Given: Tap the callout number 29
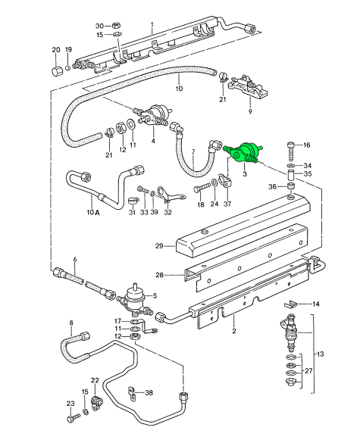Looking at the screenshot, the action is (159, 246).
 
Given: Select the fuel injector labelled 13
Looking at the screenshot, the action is (290, 332).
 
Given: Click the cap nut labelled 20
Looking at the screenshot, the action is (56, 70).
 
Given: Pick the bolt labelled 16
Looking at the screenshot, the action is (290, 151).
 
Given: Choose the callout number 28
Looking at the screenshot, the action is (159, 275).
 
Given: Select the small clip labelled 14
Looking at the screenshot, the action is (290, 304).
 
